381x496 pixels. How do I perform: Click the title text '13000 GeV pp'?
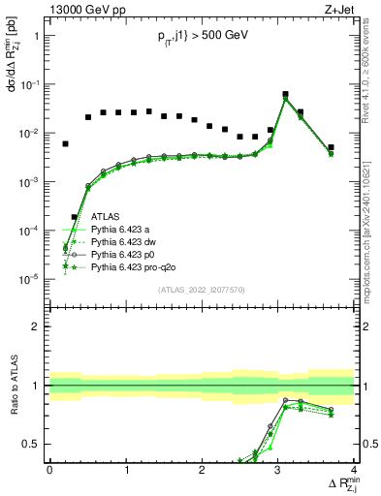(82, 10)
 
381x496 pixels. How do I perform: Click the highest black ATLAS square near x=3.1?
(285, 95)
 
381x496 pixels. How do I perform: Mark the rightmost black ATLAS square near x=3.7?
(331, 147)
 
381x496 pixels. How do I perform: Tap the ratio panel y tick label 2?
(37, 326)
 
